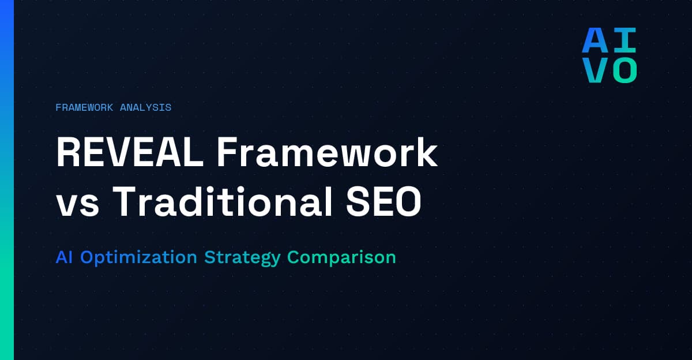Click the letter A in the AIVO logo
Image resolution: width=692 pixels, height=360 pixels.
tap(594, 40)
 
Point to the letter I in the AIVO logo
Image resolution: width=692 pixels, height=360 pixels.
tap(624, 40)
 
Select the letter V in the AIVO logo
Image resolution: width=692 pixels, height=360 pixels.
tap(594, 70)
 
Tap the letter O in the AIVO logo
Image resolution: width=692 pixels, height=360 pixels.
tap(624, 70)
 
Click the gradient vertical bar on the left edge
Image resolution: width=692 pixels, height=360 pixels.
tap(6, 180)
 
